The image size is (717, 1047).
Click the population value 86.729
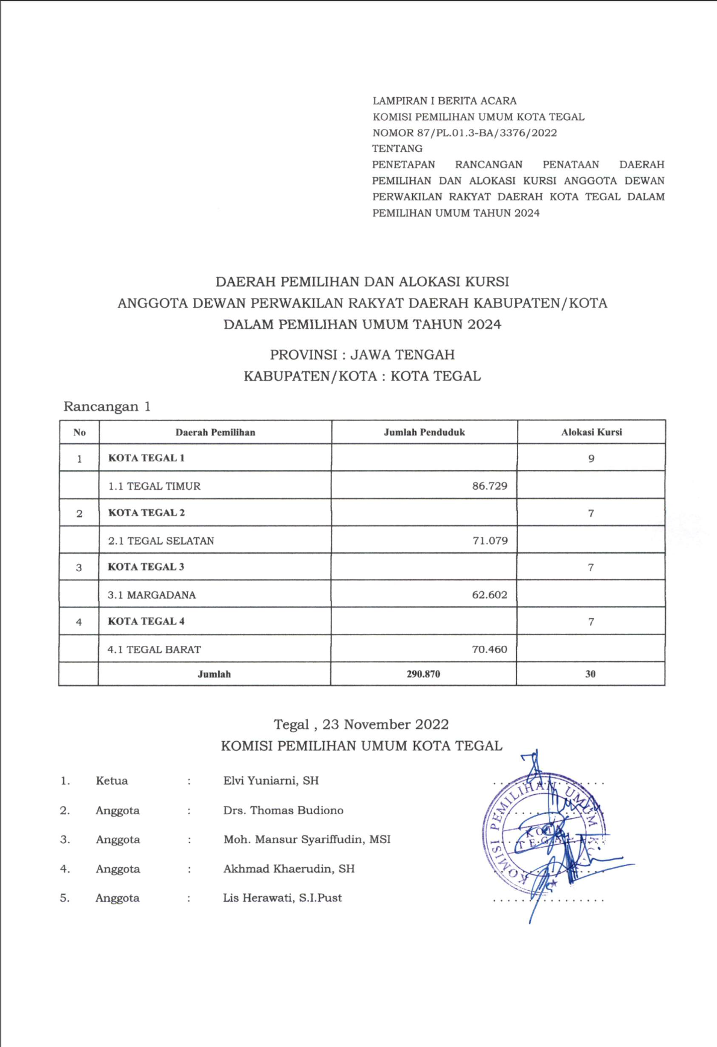click(489, 486)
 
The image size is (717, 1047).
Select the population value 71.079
click(490, 540)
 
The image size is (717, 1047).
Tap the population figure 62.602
click(489, 595)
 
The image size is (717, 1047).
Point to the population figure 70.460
click(489, 649)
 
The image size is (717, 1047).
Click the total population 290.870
click(423, 674)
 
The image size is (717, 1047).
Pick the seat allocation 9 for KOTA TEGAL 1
click(591, 458)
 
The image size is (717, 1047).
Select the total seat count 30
click(590, 674)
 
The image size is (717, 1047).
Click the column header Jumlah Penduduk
click(424, 432)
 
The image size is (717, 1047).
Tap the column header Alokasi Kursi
click(591, 432)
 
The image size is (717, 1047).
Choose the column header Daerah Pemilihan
click(215, 432)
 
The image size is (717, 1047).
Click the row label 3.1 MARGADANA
click(152, 595)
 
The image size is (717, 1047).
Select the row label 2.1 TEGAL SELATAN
click(161, 540)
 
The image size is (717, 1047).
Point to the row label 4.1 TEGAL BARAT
click(154, 649)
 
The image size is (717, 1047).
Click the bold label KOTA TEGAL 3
click(146, 567)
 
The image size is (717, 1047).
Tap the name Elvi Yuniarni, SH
click(271, 780)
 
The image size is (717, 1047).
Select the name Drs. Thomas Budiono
click(283, 810)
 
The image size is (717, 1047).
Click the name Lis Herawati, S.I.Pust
click(282, 897)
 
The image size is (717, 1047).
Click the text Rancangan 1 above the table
click(107, 406)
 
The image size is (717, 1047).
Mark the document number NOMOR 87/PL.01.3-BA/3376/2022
click(464, 133)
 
